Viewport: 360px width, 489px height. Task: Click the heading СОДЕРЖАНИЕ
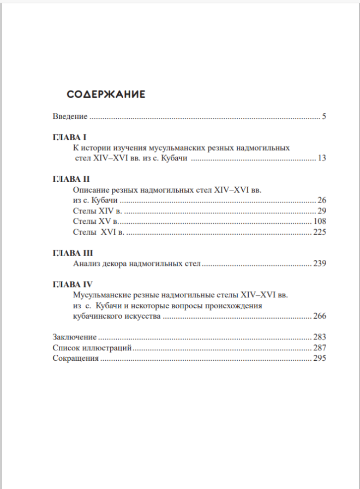click(106, 94)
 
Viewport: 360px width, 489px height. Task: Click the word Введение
click(70, 116)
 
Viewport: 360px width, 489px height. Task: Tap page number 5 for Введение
click(323, 116)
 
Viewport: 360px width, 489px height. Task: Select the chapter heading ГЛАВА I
click(67, 137)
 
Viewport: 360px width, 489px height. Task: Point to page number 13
click(321, 158)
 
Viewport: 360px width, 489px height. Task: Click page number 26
click(321, 200)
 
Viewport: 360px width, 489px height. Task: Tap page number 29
click(321, 211)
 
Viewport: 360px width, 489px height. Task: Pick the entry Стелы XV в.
click(96, 221)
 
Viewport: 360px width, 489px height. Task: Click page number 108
click(319, 221)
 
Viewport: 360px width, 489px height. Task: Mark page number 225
click(319, 232)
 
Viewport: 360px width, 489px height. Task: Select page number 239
click(319, 264)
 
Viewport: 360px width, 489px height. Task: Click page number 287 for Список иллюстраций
click(319, 348)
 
